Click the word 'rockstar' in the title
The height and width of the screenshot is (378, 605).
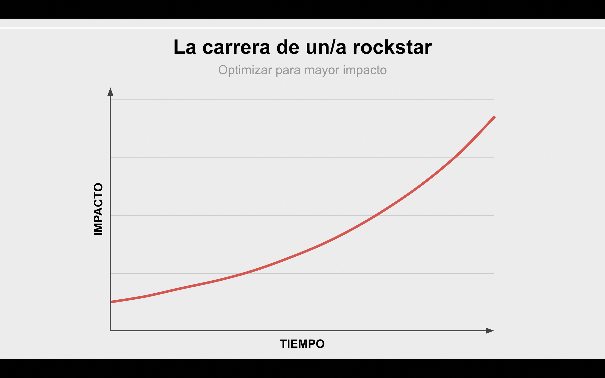tap(392, 47)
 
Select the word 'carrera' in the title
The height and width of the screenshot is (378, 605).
tap(236, 47)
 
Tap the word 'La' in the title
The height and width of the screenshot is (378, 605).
tap(185, 47)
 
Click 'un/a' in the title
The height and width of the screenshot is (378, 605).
tap(326, 47)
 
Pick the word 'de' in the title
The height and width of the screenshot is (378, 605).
tap(288, 47)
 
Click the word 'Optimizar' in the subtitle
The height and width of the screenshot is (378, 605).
tap(245, 70)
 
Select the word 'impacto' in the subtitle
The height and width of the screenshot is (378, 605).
tap(365, 70)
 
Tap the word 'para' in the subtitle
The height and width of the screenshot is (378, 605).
tap(288, 70)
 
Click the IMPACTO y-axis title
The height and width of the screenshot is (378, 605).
tap(98, 209)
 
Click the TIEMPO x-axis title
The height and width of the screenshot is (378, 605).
tap(302, 344)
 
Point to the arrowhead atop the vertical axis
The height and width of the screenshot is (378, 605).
tap(110, 92)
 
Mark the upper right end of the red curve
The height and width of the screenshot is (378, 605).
tap(495, 117)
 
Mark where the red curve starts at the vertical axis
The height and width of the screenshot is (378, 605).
tap(111, 302)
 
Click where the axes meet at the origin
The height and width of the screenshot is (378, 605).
tap(110, 331)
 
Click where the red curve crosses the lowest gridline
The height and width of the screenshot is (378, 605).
tap(246, 274)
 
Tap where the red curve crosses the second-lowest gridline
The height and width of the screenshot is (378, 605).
tap(377, 215)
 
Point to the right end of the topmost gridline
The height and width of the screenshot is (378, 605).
tap(494, 99)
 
